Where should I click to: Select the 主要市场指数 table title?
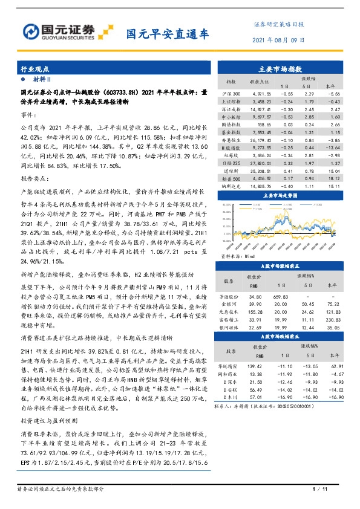pos(283,68)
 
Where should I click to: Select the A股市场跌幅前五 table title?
pos(283,336)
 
